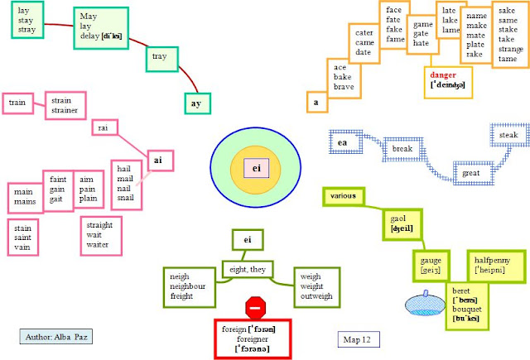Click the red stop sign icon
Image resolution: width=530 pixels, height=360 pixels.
256,309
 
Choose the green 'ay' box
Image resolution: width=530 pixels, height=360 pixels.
195,103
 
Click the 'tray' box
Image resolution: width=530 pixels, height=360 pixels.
160,57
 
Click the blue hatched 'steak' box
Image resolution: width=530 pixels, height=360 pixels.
508,135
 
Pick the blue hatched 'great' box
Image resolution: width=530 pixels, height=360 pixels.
471,174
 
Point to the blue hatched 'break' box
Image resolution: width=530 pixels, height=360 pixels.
402,149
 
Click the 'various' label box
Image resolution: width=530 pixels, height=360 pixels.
342,196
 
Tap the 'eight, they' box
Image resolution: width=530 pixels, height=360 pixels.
247,268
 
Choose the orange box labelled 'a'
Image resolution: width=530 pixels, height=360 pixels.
316,103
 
